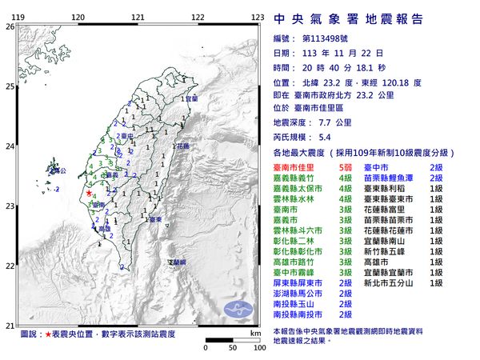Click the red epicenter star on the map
[89, 192]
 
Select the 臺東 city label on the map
[156, 218]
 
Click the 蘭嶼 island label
[177, 262]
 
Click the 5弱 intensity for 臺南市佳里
[346, 167]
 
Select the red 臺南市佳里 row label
[298, 167]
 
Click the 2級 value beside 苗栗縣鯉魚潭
[436, 180]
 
